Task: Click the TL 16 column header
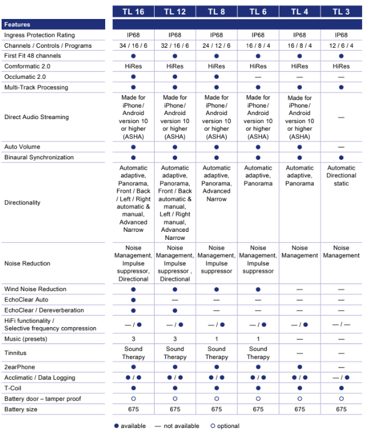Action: pos(133,11)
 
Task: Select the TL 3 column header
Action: pos(341,11)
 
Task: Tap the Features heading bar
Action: pos(53,25)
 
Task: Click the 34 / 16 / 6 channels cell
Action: pos(133,45)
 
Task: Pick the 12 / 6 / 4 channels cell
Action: pos(341,45)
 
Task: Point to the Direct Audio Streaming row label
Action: pos(36,117)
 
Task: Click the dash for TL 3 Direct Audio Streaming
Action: pos(341,117)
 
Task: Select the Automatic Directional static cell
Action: pos(341,175)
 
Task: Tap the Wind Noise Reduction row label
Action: pos(35,289)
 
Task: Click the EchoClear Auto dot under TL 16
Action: pos(133,300)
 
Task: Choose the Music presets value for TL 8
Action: pos(217,339)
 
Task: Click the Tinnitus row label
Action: pos(16,353)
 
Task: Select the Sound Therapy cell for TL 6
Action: pos(258,353)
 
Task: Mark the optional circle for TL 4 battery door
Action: pos(299,399)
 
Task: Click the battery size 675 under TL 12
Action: pos(175,409)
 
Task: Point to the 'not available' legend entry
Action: pos(178,426)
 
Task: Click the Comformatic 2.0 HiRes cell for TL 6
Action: pos(258,67)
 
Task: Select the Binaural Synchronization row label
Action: pos(39,157)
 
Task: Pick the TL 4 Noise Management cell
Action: pos(299,251)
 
